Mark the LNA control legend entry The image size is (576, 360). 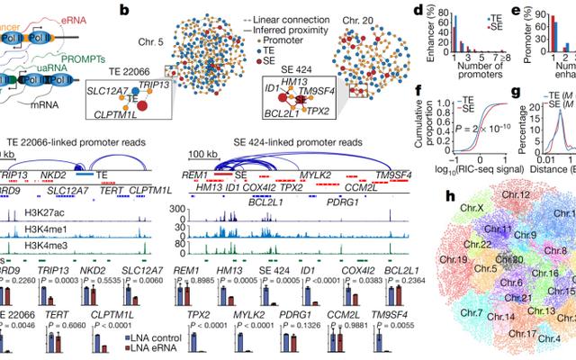click(112, 337)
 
